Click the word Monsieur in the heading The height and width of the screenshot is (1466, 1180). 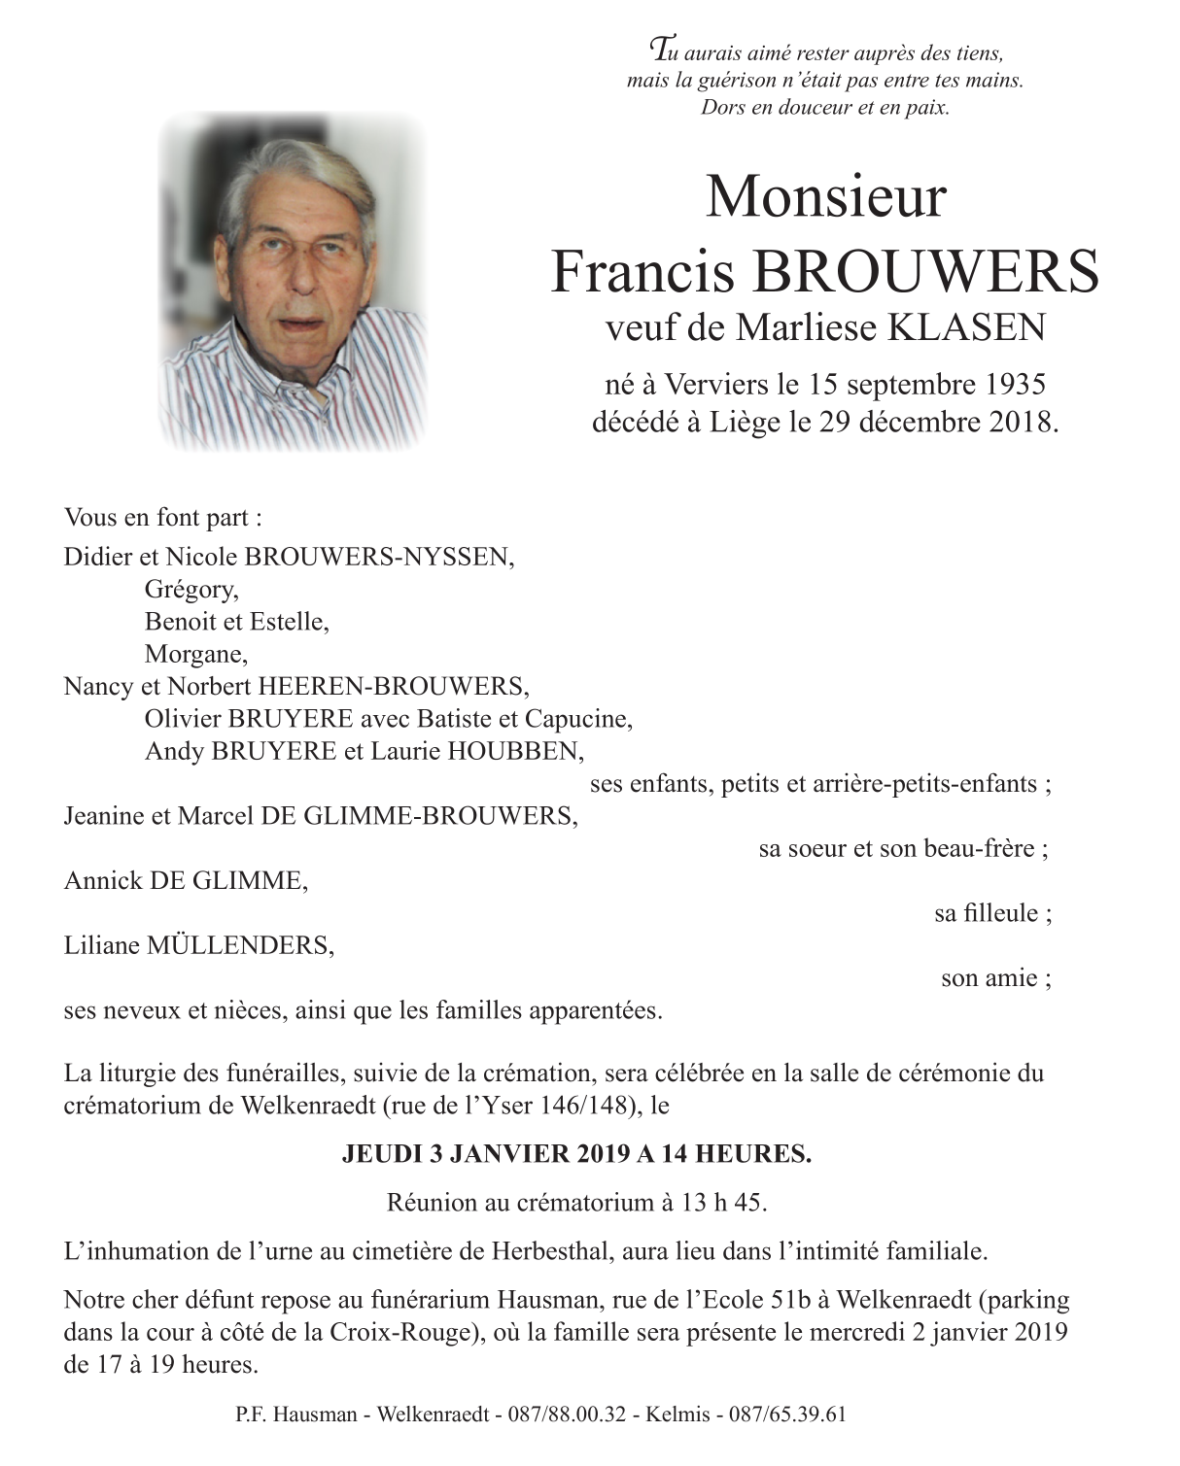825,197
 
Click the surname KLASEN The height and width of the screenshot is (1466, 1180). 967,328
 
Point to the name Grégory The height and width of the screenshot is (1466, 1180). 191,590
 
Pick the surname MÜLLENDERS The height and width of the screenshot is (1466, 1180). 240,945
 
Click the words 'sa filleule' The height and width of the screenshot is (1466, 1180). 986,913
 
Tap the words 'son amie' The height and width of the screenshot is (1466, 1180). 989,978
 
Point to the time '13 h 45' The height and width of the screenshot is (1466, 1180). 722,1203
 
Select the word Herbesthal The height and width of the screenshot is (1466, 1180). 549,1251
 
